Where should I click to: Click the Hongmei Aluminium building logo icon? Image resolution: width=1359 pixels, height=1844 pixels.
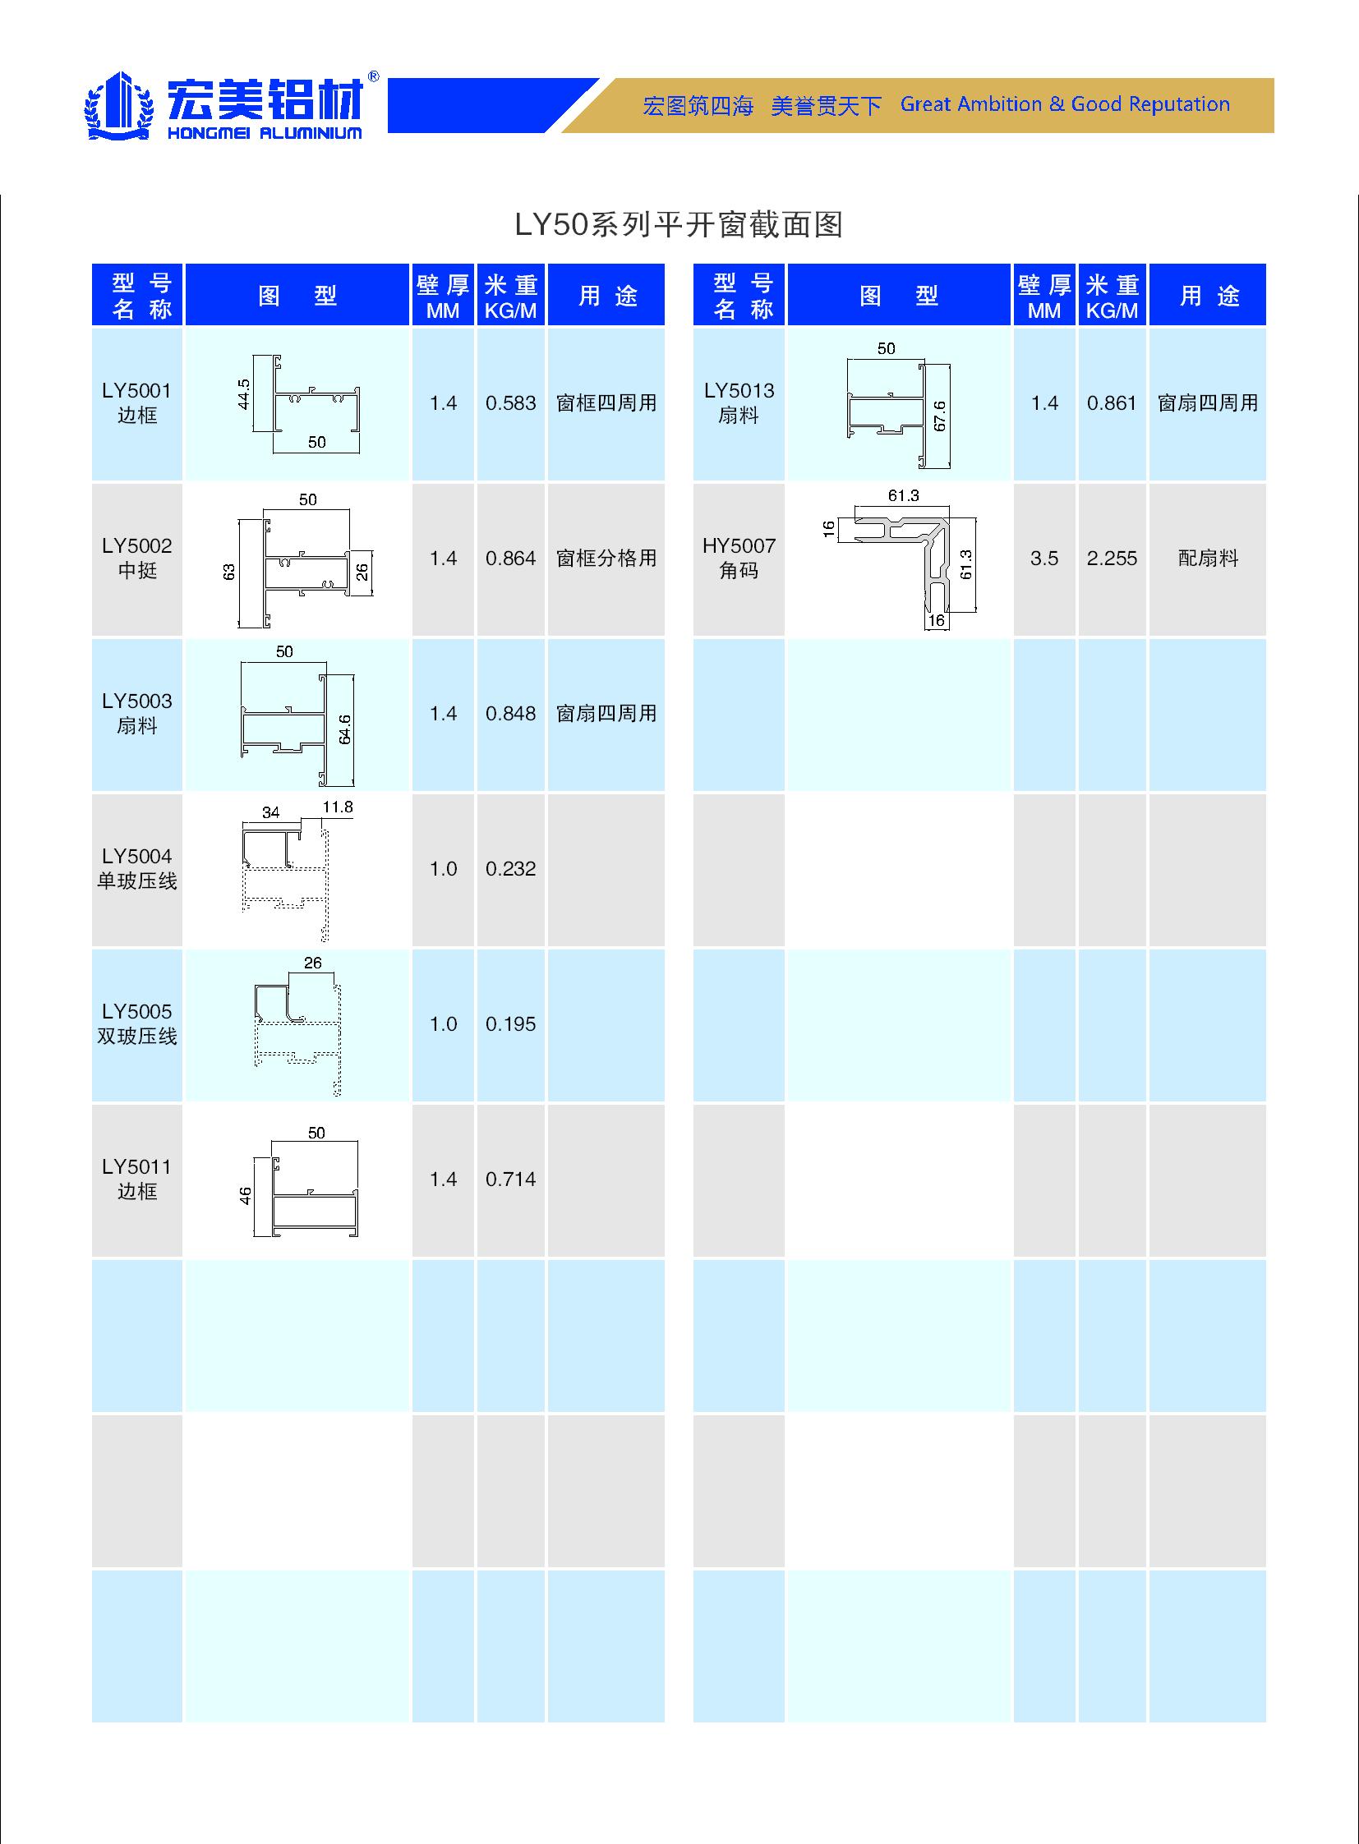(120, 106)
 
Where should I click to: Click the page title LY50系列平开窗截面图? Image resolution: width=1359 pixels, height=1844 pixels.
(679, 224)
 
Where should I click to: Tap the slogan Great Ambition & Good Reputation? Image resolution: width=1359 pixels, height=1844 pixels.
(1065, 104)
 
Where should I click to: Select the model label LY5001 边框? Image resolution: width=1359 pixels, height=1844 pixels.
(136, 403)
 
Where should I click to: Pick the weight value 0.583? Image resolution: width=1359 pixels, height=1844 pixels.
(510, 403)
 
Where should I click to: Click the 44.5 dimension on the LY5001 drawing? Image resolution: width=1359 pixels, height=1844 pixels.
(243, 394)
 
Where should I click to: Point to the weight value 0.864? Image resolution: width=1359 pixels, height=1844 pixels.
(510, 559)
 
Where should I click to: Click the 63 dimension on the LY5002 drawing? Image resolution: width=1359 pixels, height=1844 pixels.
(228, 572)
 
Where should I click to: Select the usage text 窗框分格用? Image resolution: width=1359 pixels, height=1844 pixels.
(606, 559)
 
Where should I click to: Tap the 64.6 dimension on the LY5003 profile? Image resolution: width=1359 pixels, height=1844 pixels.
(345, 729)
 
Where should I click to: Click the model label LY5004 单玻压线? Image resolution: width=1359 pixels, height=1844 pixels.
(136, 868)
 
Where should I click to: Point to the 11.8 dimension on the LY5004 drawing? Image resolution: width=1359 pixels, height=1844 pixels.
(337, 807)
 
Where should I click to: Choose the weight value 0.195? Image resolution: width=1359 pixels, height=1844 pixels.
(510, 1024)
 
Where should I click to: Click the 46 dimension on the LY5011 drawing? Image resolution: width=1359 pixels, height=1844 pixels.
(245, 1196)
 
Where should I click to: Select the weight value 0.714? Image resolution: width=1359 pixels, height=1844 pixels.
(510, 1180)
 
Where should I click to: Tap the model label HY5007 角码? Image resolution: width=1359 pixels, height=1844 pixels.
(739, 559)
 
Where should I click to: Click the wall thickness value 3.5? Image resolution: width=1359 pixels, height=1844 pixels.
(1044, 559)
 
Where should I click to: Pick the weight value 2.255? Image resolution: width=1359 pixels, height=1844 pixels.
(1112, 559)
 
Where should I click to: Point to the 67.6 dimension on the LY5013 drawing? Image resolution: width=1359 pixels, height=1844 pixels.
(939, 416)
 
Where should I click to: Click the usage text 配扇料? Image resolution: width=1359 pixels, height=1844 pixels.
(1208, 559)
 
